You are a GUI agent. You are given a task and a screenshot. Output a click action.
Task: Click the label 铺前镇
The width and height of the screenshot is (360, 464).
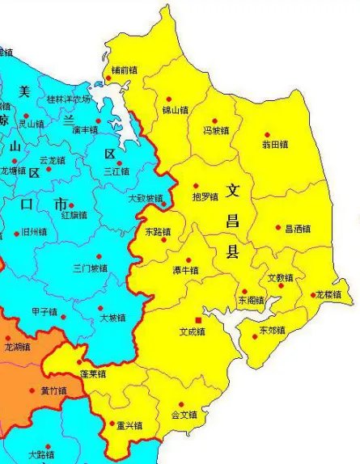(124, 70)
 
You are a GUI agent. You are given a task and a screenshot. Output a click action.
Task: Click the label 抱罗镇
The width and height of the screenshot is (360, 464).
(205, 196)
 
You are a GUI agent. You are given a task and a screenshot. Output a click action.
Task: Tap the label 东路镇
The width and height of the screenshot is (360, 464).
(158, 232)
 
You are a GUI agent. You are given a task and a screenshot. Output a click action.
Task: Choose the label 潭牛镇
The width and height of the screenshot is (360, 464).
(185, 270)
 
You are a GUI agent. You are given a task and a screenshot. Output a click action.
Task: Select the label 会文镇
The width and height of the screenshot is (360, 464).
(184, 415)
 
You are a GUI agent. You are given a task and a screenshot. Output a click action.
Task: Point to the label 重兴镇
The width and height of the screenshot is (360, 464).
(129, 425)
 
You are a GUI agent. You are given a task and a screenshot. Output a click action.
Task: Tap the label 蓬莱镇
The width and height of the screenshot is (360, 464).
(93, 374)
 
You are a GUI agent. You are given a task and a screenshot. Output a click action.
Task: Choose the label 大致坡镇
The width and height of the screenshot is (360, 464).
(146, 198)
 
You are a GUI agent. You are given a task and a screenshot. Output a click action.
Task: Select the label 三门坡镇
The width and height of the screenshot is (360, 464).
(89, 268)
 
